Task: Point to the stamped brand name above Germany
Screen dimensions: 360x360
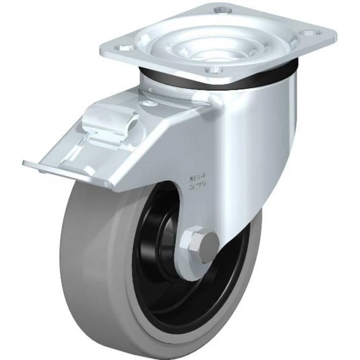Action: (197, 177)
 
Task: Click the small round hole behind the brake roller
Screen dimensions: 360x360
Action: (148, 104)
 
